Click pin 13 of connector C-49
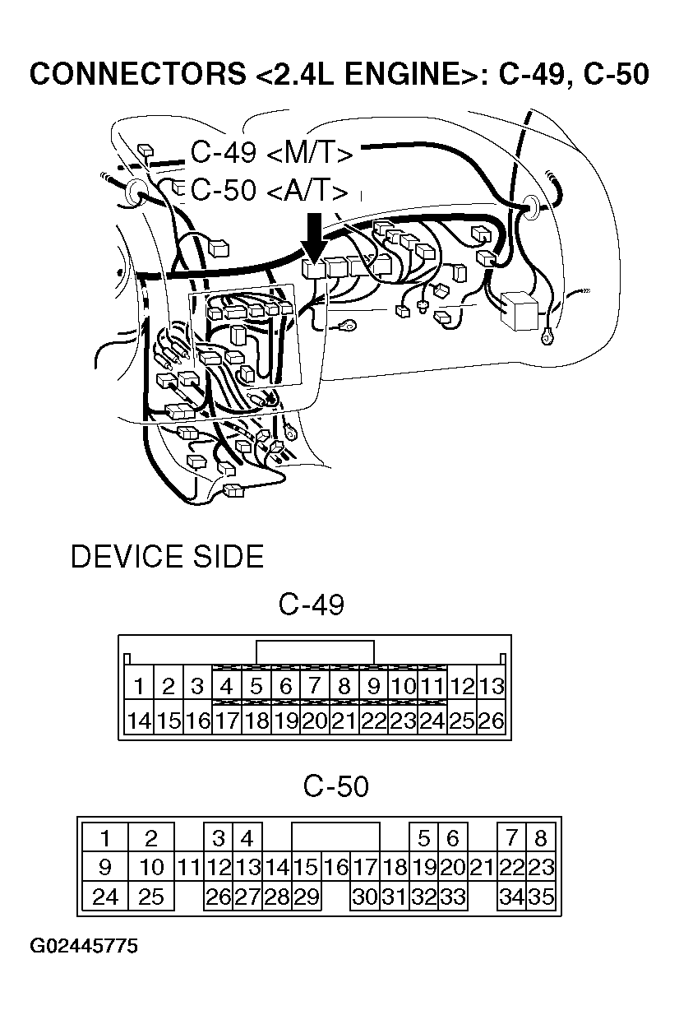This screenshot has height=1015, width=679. point(491,686)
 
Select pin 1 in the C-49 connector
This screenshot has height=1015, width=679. point(140,686)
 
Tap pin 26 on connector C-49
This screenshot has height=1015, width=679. point(491,721)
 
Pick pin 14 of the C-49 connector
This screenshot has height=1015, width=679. point(140,721)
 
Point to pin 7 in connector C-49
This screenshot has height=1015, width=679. point(315,686)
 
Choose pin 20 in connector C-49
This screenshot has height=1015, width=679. point(315,721)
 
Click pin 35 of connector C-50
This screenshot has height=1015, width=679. point(541,896)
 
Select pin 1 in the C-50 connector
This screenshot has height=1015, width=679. point(105,839)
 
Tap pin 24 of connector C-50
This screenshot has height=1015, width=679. point(105,896)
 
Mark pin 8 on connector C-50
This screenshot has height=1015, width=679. point(541,839)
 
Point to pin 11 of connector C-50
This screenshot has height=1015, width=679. point(189,867)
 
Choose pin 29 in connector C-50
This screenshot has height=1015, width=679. point(306,896)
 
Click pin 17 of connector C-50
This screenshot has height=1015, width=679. point(365,867)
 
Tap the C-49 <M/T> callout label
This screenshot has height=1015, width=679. point(271,154)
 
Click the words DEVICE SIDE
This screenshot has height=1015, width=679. point(167,557)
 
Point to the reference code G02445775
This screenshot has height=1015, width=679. point(84,946)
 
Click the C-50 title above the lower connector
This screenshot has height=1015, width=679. point(335,787)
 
